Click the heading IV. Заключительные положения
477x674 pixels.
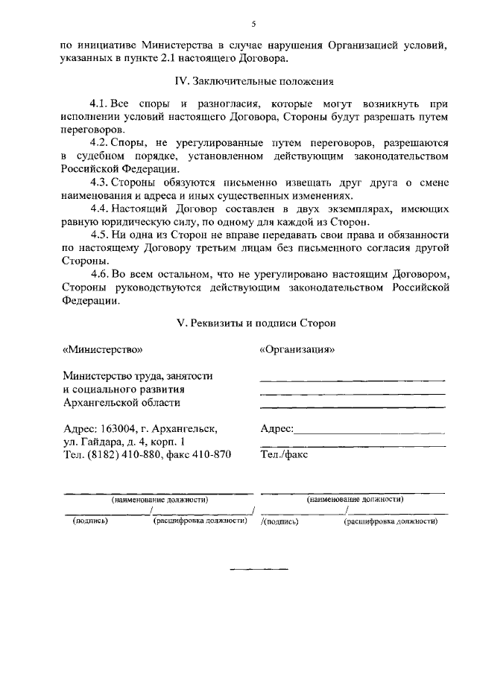tap(253, 80)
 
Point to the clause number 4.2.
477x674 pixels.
tap(100, 142)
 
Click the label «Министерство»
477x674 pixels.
tap(102, 349)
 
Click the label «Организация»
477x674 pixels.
tap(297, 349)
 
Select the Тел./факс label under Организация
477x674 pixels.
tap(284, 454)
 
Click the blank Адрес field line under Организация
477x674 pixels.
tap(370, 433)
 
